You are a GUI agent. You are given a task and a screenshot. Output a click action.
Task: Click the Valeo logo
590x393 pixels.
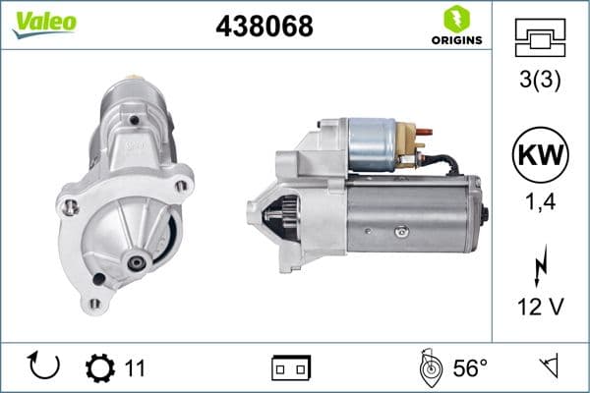(43, 23)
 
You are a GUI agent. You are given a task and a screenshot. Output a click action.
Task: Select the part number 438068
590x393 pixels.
(264, 27)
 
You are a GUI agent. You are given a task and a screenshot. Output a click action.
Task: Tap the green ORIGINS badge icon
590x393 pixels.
(455, 17)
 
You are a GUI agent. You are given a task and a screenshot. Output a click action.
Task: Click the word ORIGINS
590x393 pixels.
(455, 40)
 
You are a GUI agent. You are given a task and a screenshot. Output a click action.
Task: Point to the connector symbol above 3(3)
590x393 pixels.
(540, 36)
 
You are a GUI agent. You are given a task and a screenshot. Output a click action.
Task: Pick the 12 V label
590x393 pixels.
(540, 307)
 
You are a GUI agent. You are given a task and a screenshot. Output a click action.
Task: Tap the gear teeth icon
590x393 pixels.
(100, 367)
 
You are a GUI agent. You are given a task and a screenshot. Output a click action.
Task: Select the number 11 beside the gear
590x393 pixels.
(135, 367)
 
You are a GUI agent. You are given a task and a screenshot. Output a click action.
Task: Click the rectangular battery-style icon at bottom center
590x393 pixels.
(291, 367)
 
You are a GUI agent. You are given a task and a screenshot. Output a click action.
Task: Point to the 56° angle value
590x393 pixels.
(470, 367)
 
